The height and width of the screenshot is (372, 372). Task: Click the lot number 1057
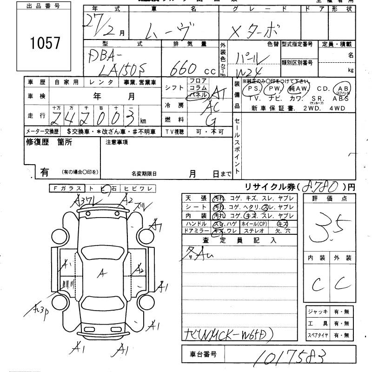coord(46,43)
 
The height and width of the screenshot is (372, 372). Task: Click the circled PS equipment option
coord(253,89)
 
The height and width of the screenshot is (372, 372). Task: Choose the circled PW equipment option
coord(276,89)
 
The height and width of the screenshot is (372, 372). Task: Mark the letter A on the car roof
coord(100,274)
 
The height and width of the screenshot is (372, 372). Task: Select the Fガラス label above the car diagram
coord(66,188)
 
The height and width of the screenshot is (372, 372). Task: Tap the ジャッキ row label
coord(318,311)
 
